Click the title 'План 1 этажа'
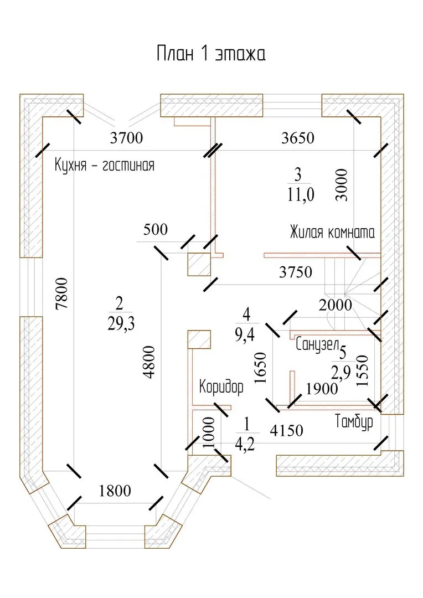(211, 54)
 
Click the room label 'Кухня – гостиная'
(104, 165)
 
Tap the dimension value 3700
(126, 138)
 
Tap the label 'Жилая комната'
(332, 233)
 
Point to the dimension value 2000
(336, 304)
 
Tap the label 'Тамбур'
(354, 422)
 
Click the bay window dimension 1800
(115, 491)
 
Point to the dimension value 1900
(321, 389)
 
